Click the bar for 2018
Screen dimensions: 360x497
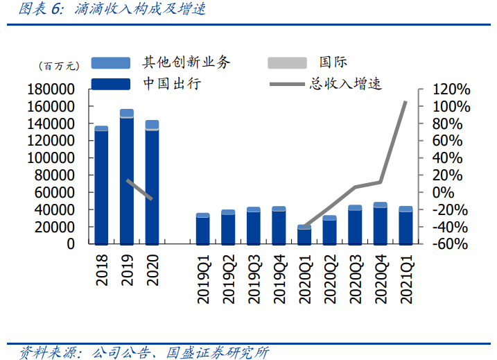pyautogui.click(x=101, y=186)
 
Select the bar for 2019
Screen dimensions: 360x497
pyautogui.click(x=127, y=178)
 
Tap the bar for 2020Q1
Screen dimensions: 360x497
pyautogui.click(x=304, y=235)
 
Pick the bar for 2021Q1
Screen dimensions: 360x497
pyautogui.click(x=406, y=225)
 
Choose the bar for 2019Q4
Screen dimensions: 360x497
pyautogui.click(x=279, y=225)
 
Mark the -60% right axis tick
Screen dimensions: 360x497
pyautogui.click(x=451, y=244)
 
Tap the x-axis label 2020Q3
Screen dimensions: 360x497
pyautogui.click(x=356, y=277)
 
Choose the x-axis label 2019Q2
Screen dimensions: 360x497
pyautogui.click(x=229, y=277)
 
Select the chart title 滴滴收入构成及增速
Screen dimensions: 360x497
pyautogui.click(x=139, y=10)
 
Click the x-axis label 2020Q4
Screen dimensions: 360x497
pyautogui.click(x=381, y=277)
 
